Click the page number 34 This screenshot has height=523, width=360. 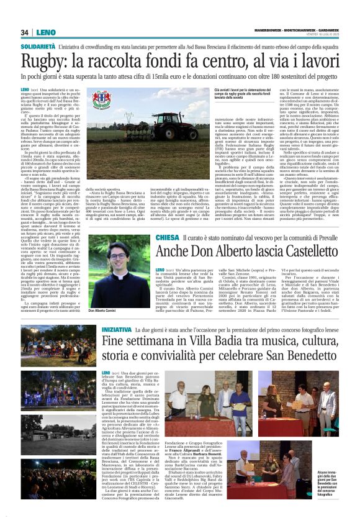click(x=25, y=32)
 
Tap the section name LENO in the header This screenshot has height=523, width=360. click(x=45, y=32)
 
